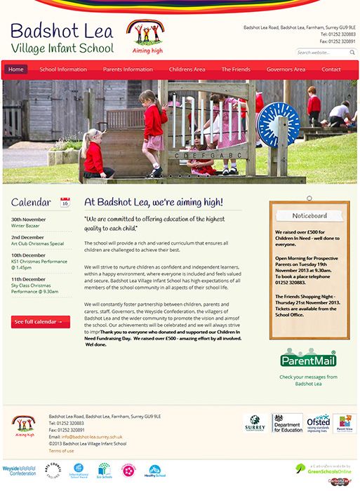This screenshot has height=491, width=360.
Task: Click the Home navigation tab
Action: (x=15, y=69)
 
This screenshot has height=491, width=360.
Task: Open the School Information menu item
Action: (x=63, y=69)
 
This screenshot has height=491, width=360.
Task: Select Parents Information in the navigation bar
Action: (x=128, y=69)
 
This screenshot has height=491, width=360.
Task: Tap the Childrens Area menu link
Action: (x=187, y=69)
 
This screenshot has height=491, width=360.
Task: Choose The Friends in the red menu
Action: (x=236, y=69)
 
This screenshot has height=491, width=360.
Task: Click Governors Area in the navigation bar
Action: (x=286, y=69)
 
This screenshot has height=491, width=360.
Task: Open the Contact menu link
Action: (x=331, y=69)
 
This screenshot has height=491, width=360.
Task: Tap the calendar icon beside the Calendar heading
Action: (x=65, y=203)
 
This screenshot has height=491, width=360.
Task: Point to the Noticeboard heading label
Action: (x=309, y=215)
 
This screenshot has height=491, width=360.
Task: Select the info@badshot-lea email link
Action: (x=87, y=436)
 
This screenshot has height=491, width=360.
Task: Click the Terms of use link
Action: (x=61, y=450)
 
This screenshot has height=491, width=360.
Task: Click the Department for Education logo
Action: (x=287, y=423)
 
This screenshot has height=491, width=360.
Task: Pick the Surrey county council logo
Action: (x=255, y=423)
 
